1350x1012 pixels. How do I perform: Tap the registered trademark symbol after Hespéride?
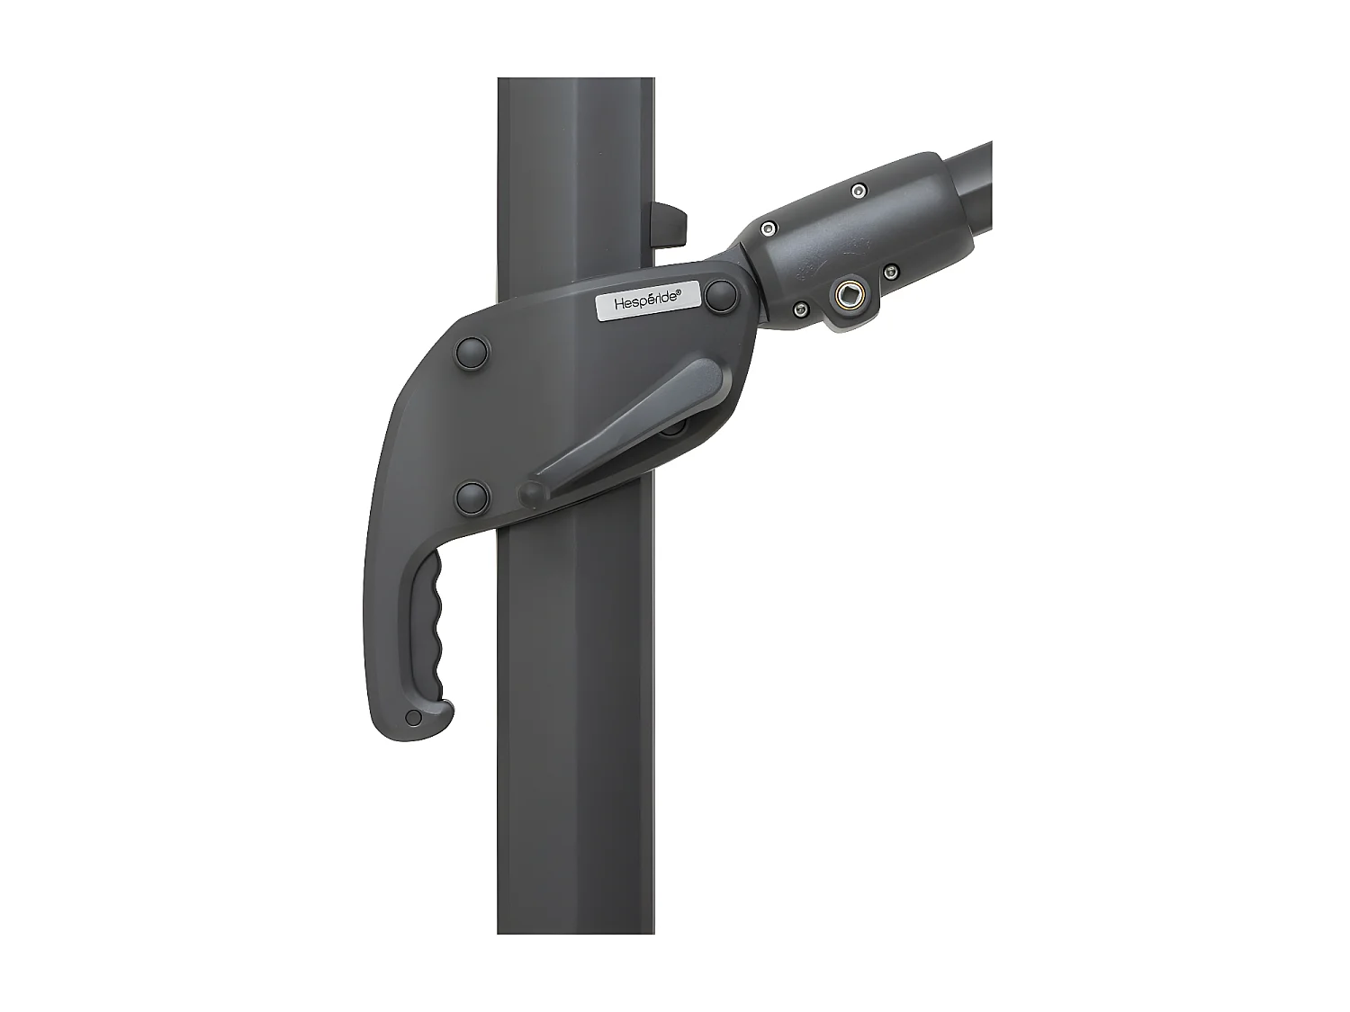click(x=679, y=291)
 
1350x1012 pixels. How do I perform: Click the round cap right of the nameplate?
click(x=720, y=295)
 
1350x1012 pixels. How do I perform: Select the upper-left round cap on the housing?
click(x=472, y=353)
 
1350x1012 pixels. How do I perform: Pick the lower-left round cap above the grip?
click(x=472, y=496)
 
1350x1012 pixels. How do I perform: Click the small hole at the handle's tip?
click(x=413, y=717)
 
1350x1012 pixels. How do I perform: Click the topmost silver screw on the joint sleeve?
click(x=859, y=190)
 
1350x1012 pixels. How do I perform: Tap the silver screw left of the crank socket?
click(x=798, y=311)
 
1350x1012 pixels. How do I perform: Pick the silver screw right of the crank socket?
click(x=889, y=270)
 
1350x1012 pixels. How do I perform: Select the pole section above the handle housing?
click(x=576, y=162)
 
